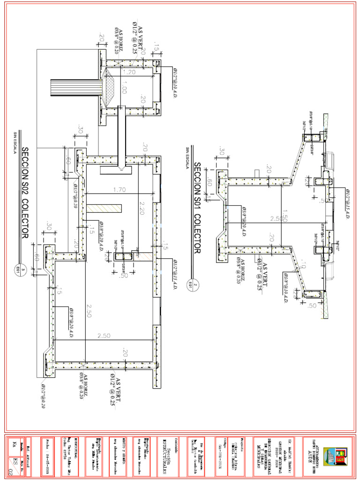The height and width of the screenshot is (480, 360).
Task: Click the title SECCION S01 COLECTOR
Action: click(x=197, y=208)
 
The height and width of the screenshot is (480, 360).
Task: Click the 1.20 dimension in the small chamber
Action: click(x=129, y=72)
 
